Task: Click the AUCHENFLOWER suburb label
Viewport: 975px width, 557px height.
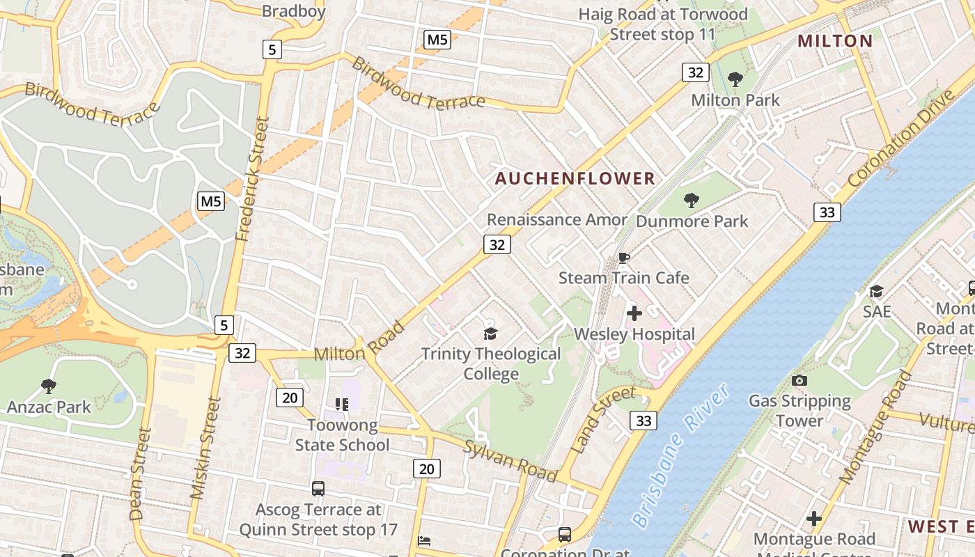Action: (x=575, y=179)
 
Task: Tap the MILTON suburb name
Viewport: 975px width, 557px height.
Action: (x=835, y=41)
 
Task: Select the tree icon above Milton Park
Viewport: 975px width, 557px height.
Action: (x=735, y=79)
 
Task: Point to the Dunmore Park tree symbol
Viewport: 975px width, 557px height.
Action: (x=691, y=201)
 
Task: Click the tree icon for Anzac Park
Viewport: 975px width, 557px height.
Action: (x=49, y=386)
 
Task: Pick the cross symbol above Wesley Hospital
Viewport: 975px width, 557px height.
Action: (x=634, y=314)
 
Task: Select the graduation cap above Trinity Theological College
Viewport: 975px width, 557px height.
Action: (x=491, y=334)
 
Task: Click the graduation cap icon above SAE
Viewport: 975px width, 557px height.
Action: (x=876, y=291)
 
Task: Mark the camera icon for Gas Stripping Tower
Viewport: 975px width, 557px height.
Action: (x=799, y=380)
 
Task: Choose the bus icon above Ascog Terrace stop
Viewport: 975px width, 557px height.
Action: (x=318, y=489)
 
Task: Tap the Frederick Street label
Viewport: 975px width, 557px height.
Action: (x=253, y=179)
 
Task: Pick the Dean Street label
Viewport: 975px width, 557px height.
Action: (x=140, y=474)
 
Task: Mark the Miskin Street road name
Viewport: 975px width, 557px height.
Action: (x=205, y=448)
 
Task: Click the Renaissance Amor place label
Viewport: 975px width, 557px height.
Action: (x=556, y=220)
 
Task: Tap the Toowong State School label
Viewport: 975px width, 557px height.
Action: (x=342, y=435)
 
